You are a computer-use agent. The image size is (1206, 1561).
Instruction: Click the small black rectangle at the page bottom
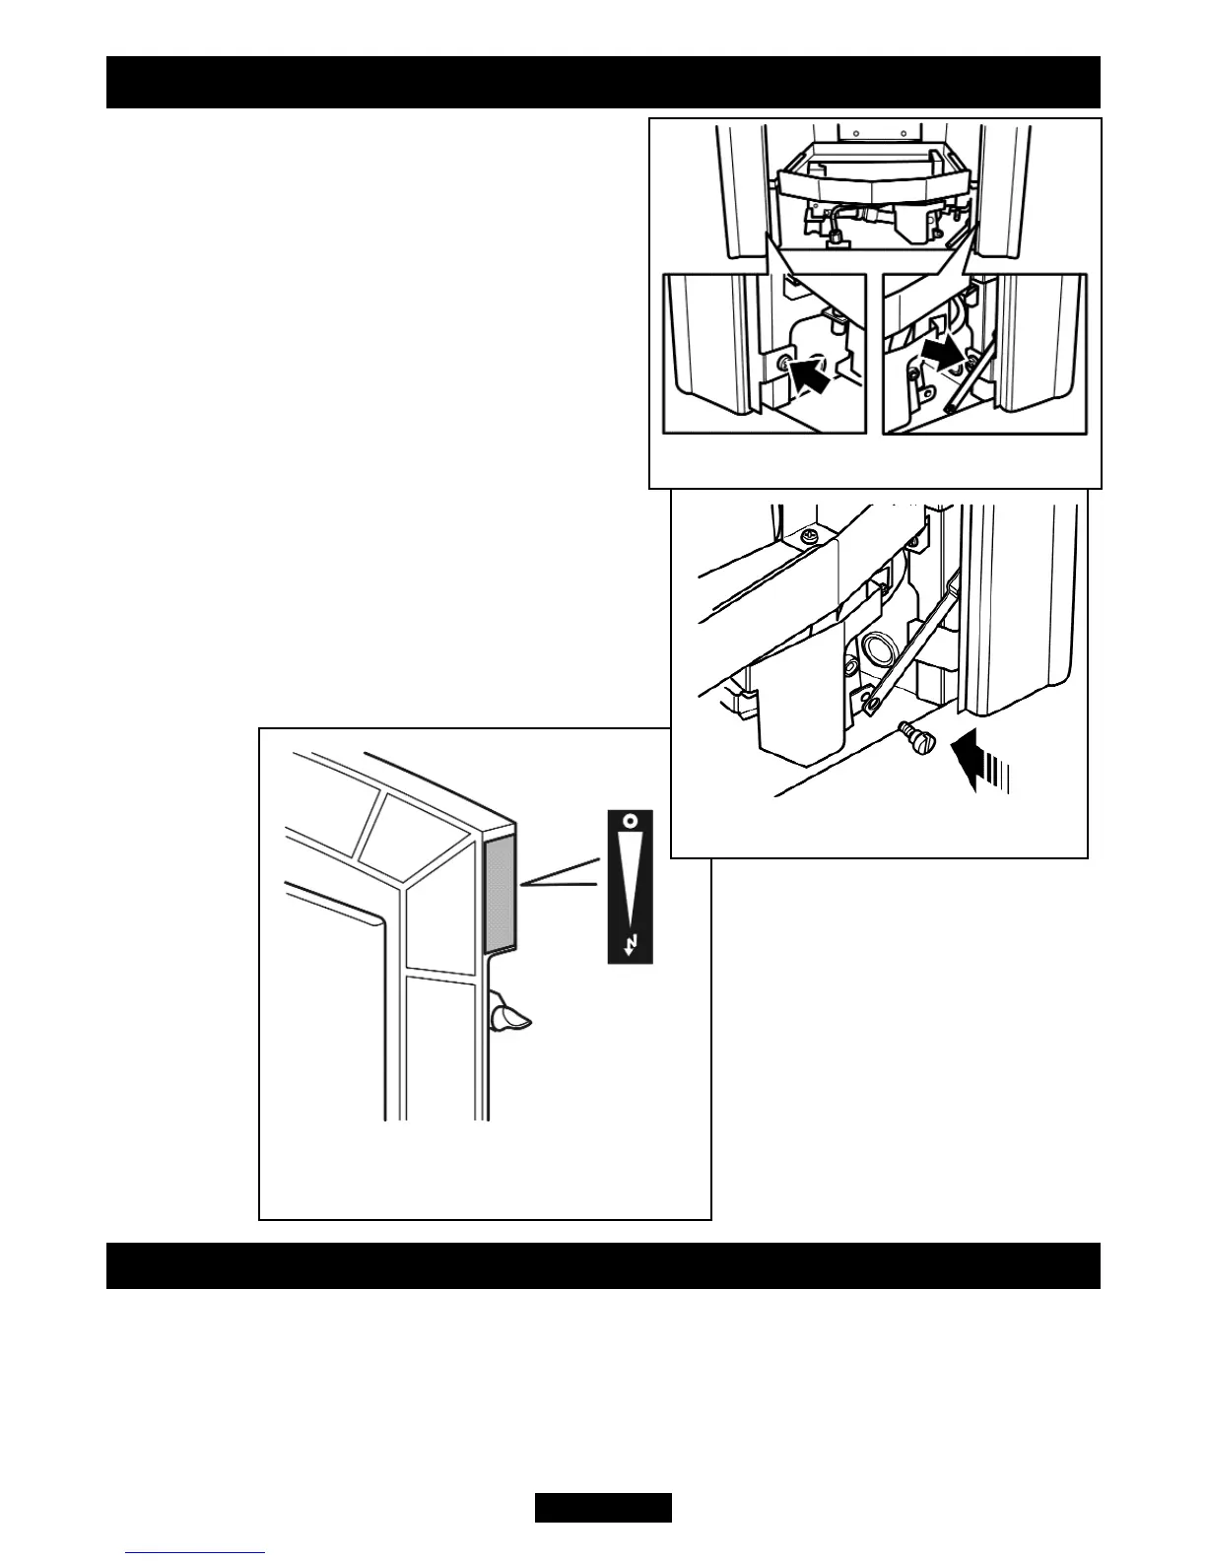[603, 1508]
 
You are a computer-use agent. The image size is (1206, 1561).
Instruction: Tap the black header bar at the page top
[603, 82]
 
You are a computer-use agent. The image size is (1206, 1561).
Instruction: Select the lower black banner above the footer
[603, 1264]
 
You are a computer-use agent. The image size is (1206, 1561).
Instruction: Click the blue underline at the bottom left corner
[195, 1555]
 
